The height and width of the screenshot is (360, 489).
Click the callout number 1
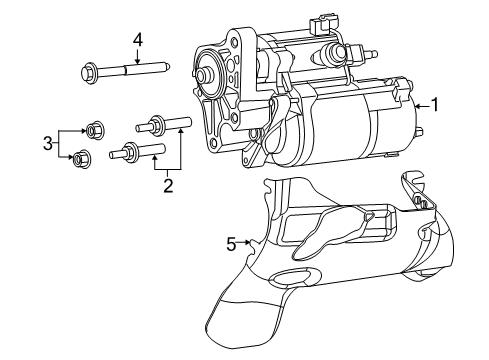pyautogui.click(x=434, y=102)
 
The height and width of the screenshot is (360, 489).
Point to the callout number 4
pyautogui.click(x=138, y=39)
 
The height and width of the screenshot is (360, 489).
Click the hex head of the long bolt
pyautogui.click(x=87, y=71)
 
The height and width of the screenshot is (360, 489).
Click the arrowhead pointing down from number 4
pyautogui.click(x=138, y=62)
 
